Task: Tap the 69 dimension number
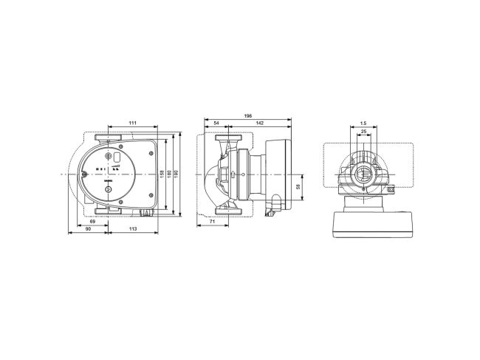pyautogui.click(x=92, y=221)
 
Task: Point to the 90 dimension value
pyautogui.click(x=86, y=230)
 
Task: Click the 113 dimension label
pyautogui.click(x=133, y=230)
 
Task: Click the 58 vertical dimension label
pyautogui.click(x=298, y=188)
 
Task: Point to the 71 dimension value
pyautogui.click(x=212, y=221)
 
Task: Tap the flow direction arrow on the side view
pyautogui.click(x=233, y=175)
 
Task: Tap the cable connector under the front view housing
pyautogui.click(x=145, y=212)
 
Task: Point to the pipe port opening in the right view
pyautogui.click(x=363, y=176)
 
